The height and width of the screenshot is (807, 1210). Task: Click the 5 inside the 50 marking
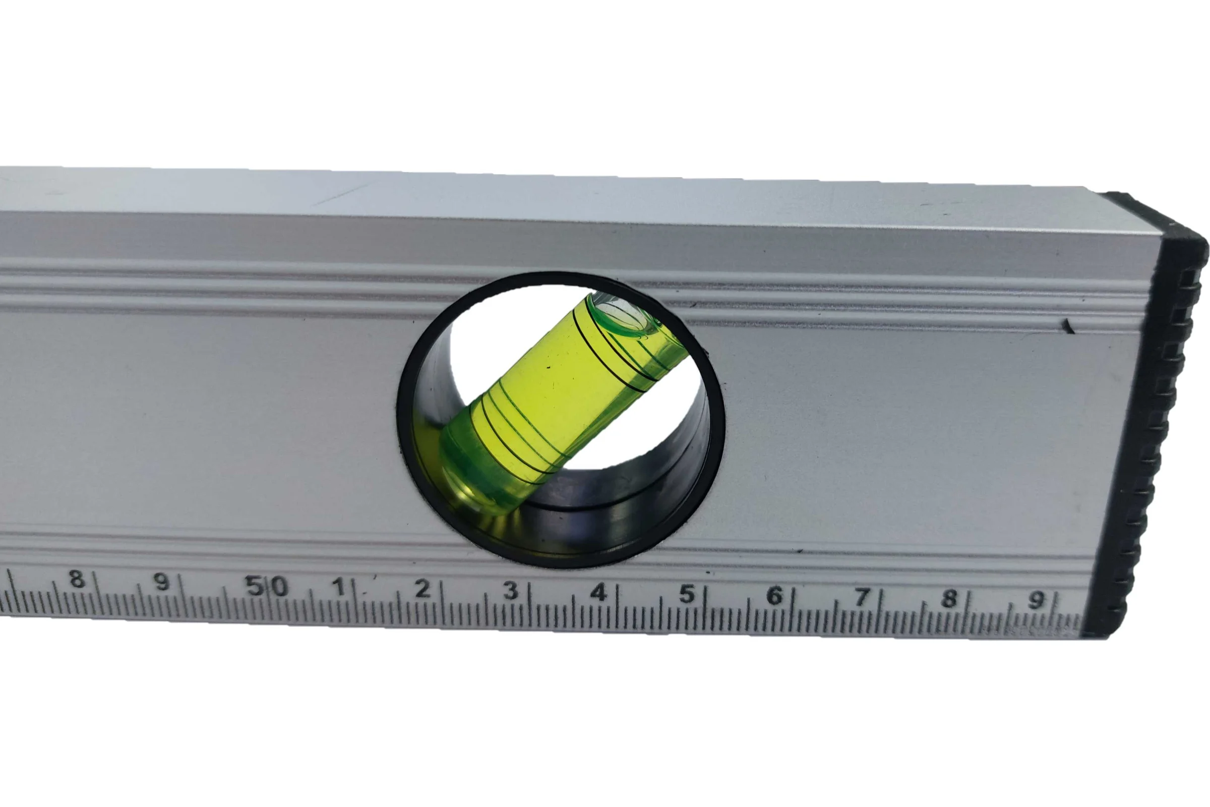click(254, 585)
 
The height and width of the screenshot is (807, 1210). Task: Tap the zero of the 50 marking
click(279, 586)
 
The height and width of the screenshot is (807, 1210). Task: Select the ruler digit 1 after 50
click(338, 587)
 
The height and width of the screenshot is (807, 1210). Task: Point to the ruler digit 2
click(422, 588)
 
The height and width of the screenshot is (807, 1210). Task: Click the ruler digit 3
click(510, 590)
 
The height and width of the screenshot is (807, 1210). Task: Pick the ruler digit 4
click(598, 592)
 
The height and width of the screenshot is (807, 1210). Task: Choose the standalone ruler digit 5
click(686, 594)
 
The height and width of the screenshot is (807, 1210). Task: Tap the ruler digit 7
click(862, 598)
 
